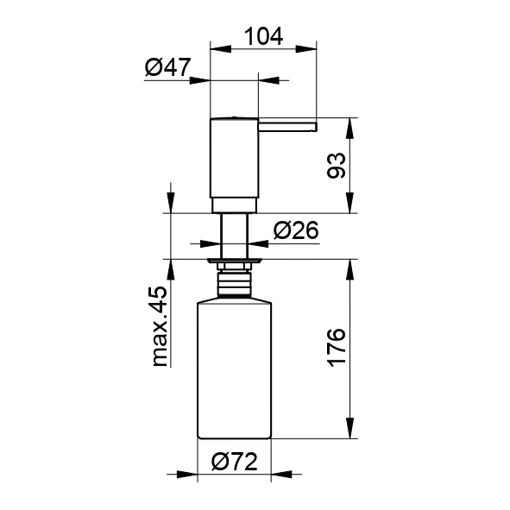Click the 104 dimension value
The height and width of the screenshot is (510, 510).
click(x=263, y=36)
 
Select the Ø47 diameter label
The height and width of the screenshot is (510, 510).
click(x=167, y=67)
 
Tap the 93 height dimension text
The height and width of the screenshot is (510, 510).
click(x=337, y=166)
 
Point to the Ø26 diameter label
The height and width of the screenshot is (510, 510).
click(x=296, y=230)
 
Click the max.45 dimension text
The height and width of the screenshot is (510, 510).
click(x=160, y=326)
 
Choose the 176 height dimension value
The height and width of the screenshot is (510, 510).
click(x=337, y=348)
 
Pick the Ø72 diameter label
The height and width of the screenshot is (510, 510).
click(x=234, y=461)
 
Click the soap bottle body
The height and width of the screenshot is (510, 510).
click(x=235, y=370)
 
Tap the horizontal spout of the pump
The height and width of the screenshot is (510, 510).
click(x=287, y=127)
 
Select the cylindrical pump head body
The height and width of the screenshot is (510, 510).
click(x=234, y=157)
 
